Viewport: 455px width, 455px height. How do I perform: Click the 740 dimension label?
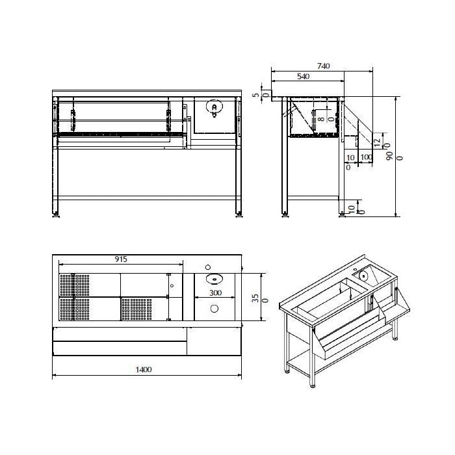pos(323,66)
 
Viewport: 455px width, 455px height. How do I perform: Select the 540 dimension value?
pos(304,77)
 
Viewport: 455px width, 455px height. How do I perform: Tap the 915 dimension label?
pos(121,259)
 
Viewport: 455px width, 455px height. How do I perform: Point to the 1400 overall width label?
pos(144,370)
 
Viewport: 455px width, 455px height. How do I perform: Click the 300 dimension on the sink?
pos(215,292)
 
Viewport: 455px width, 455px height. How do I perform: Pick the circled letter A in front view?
pos(214,107)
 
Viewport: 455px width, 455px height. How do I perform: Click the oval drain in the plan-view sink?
pos(214,279)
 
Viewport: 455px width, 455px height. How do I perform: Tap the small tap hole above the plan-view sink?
pos(208,267)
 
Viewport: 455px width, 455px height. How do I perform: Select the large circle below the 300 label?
pos(214,309)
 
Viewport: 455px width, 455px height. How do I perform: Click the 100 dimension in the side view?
pos(366,157)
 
